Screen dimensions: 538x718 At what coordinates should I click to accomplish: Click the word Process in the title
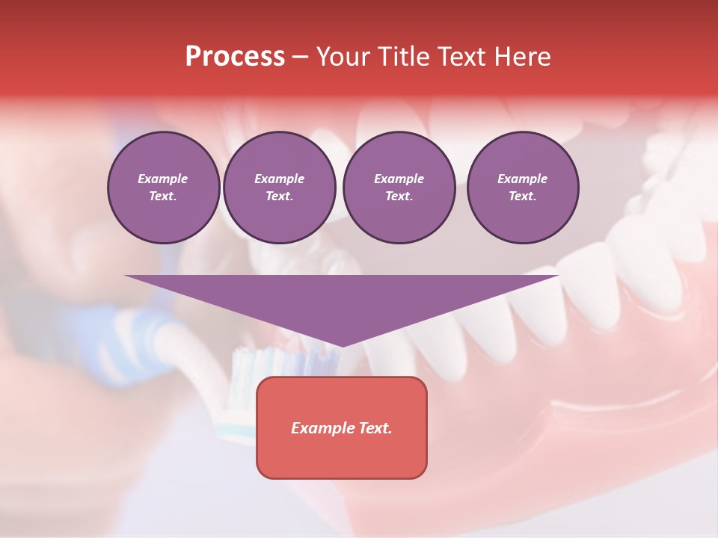[x=235, y=57]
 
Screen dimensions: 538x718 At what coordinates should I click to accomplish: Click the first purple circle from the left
[x=163, y=188]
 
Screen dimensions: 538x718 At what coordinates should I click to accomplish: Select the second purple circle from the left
[x=279, y=188]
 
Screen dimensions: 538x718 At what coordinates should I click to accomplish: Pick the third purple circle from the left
[x=399, y=188]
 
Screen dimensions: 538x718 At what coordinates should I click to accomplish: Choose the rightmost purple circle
[x=522, y=188]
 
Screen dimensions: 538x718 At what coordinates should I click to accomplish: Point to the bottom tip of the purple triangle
[x=342, y=345]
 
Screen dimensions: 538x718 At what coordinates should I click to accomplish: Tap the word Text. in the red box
[x=375, y=428]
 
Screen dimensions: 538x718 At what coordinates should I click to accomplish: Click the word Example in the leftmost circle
[x=163, y=179]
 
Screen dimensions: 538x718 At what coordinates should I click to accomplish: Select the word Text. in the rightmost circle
[x=522, y=197]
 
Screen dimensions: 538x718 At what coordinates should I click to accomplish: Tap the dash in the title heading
[x=300, y=57]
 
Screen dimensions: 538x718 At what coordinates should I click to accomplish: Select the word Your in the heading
[x=340, y=57]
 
